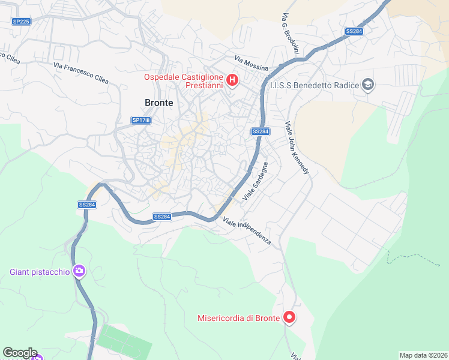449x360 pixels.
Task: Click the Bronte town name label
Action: (x=158, y=103)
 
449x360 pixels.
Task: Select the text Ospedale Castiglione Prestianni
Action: (x=183, y=81)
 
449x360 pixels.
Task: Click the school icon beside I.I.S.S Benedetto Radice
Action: (x=368, y=85)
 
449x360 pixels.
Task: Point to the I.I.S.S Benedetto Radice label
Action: (x=314, y=85)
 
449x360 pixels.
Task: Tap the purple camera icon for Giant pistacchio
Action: (x=79, y=272)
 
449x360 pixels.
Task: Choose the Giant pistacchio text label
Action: (x=40, y=272)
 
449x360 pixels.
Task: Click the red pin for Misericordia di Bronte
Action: (x=289, y=317)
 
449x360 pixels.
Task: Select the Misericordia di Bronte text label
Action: (x=239, y=318)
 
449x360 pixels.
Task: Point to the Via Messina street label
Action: (x=251, y=62)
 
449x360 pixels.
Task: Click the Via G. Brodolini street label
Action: (x=289, y=35)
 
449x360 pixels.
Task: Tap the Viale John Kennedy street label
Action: (x=297, y=148)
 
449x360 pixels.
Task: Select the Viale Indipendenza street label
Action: (x=247, y=232)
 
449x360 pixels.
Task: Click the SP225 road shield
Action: (x=21, y=22)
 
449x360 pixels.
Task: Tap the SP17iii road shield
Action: (x=141, y=120)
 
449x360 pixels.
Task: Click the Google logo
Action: (x=20, y=353)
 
